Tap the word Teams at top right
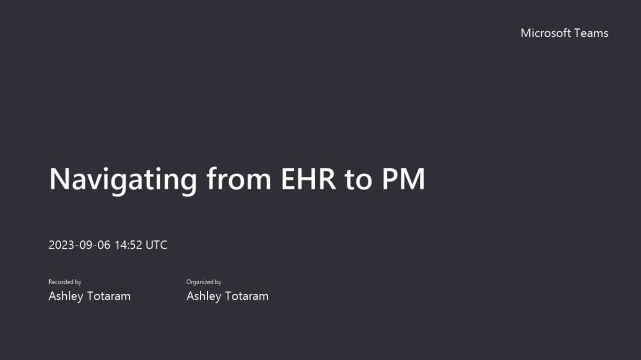591,33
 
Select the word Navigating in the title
123,179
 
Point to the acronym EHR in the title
309,179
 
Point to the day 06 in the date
104,245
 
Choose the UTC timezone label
157,245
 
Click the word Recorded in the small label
61,282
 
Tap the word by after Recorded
78,283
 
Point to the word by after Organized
218,283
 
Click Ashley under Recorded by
65,296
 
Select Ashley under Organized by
203,296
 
